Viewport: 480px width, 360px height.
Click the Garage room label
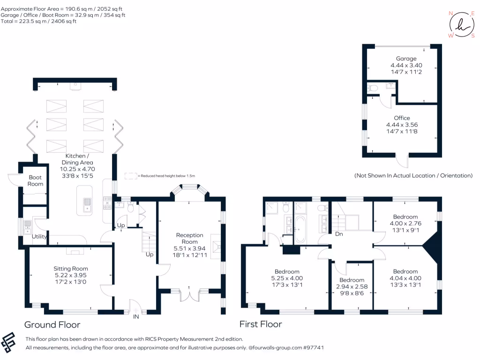click(406, 59)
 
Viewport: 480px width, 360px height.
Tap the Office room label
click(402, 118)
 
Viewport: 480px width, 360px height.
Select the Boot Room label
click(35, 180)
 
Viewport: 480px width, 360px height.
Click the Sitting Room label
click(71, 269)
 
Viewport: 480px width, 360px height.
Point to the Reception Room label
click(189, 239)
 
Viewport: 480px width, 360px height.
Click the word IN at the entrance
click(136, 317)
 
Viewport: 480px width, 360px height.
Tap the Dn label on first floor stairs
click(339, 234)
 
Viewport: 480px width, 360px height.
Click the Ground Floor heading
click(52, 324)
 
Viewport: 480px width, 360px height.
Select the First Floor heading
click(261, 324)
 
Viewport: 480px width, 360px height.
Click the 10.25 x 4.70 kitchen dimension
click(77, 169)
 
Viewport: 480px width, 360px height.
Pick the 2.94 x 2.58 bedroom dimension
click(352, 286)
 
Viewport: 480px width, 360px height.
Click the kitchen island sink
click(87, 205)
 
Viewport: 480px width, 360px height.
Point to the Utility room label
click(39, 236)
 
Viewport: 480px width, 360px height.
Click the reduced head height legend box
click(131, 176)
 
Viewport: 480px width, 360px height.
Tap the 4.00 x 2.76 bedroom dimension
click(405, 224)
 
